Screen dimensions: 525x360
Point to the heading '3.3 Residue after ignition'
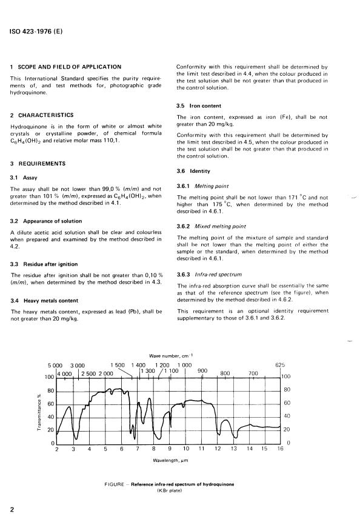[53, 264]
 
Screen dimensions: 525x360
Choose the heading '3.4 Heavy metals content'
[50, 300]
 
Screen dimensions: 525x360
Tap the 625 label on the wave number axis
[279, 366]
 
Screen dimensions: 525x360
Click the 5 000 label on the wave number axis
[56, 366]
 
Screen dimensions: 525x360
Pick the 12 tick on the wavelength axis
[218, 449]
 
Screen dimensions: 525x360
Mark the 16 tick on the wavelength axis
[280, 449]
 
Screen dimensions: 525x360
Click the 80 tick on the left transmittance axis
[51, 390]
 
